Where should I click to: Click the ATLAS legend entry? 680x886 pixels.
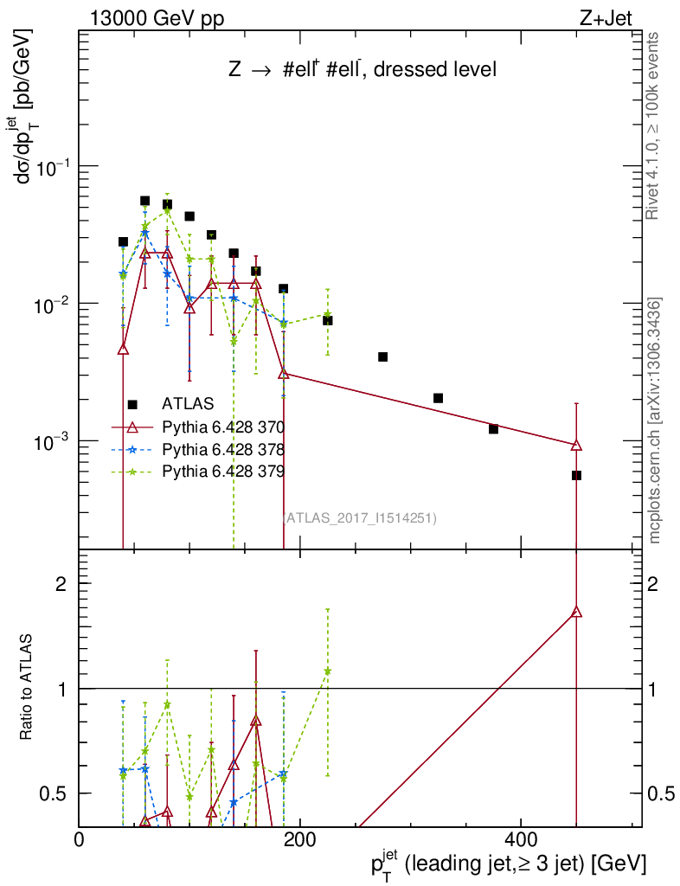(x=187, y=403)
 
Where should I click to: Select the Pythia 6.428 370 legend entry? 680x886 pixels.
(x=224, y=427)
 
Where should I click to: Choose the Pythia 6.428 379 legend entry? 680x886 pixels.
(x=224, y=472)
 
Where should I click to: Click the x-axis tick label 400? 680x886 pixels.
(x=520, y=840)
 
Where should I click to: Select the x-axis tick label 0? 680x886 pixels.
(x=80, y=840)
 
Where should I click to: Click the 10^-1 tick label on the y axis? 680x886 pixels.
(x=50, y=167)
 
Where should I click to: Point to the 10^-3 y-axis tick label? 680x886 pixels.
(x=50, y=442)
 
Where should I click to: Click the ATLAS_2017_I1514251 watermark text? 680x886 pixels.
(x=360, y=518)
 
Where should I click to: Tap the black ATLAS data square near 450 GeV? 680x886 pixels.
(x=576, y=475)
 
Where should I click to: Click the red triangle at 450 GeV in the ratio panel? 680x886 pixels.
(x=576, y=612)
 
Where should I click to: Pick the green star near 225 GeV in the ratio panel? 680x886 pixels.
(x=327, y=671)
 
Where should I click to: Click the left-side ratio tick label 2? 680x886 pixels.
(x=61, y=584)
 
